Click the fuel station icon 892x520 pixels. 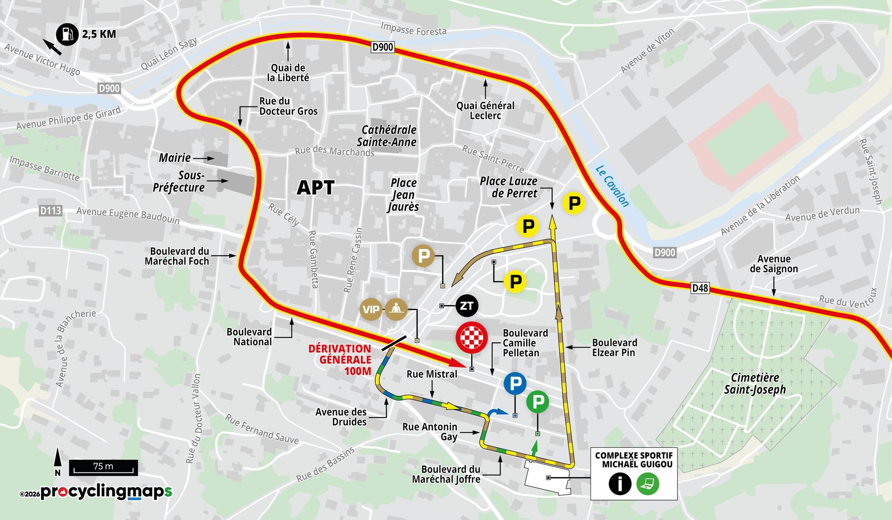67,34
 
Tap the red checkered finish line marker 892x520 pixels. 472,337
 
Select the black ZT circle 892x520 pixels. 466,306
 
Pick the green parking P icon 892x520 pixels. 537,402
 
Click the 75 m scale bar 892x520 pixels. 104,467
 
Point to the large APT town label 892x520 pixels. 316,188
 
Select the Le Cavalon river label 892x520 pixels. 612,186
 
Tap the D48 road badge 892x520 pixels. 700,288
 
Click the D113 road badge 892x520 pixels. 51,210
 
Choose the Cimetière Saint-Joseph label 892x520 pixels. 755,384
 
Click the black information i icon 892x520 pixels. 620,483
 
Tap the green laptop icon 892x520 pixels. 648,483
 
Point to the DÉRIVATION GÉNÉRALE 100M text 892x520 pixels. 340,360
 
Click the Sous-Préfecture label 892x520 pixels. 179,182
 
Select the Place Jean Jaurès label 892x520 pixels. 403,195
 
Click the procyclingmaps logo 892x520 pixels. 106,492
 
